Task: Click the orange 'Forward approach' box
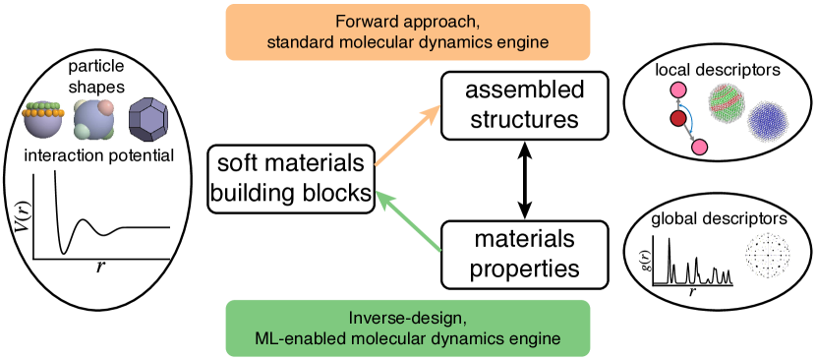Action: click(x=408, y=31)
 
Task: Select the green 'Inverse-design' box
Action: click(x=408, y=328)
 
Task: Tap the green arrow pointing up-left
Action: click(x=409, y=221)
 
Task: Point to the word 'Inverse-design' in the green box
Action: click(x=407, y=318)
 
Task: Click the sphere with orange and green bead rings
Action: click(x=43, y=119)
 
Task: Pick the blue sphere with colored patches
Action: click(x=94, y=119)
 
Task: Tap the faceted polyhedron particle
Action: click(x=148, y=119)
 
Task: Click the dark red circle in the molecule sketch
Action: click(x=678, y=119)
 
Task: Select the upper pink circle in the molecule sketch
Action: click(x=677, y=90)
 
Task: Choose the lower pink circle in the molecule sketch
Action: click(x=700, y=148)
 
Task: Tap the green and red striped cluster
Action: click(x=729, y=102)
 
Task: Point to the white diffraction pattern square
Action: click(x=768, y=255)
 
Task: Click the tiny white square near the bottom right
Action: click(x=649, y=282)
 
